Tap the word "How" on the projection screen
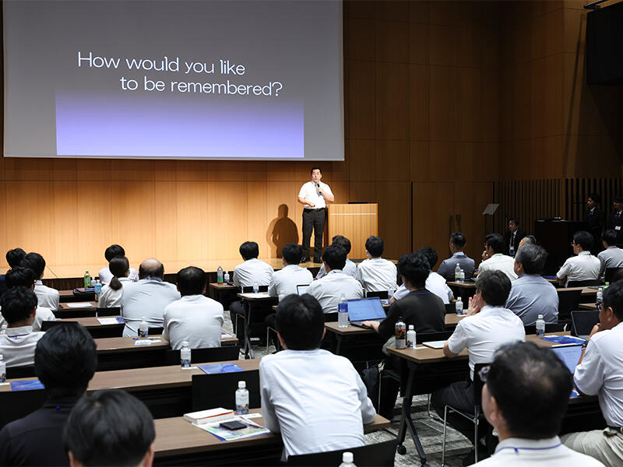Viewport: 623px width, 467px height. (x=97, y=61)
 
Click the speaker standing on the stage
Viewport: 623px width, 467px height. (x=315, y=212)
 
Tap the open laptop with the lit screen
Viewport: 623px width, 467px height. (x=365, y=311)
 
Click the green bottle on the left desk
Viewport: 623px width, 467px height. (x=87, y=280)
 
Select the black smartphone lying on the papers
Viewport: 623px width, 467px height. (x=233, y=425)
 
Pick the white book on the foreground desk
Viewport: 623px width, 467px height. (x=208, y=416)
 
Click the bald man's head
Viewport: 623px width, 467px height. (x=151, y=269)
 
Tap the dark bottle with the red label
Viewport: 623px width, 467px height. (x=400, y=335)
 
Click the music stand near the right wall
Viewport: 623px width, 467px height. (x=491, y=209)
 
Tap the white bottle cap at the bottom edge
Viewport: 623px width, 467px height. (x=347, y=458)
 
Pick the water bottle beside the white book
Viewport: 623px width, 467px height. (x=241, y=399)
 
